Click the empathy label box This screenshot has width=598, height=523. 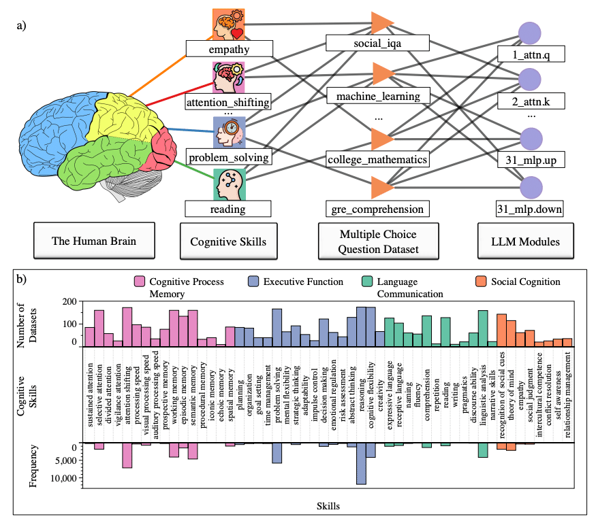[229, 49]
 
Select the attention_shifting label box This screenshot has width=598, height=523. [229, 103]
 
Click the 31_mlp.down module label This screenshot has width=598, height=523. [530, 208]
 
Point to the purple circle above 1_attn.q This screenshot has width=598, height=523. [530, 33]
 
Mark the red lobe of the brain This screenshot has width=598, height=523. [164, 147]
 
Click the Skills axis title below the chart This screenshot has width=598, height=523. [328, 506]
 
